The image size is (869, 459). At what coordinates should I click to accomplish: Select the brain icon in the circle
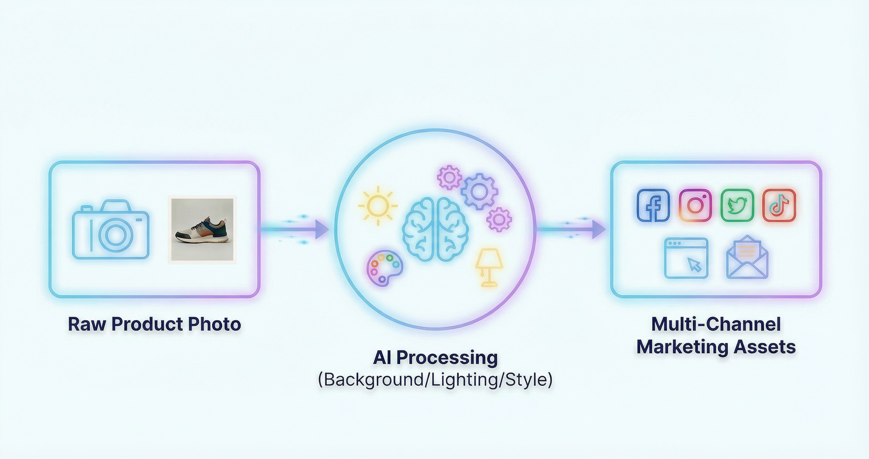click(435, 229)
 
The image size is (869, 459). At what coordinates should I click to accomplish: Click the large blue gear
click(479, 192)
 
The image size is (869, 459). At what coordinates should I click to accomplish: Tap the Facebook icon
click(653, 205)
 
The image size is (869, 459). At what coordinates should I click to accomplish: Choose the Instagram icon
click(695, 205)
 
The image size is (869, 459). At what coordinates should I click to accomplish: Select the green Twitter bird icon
click(737, 205)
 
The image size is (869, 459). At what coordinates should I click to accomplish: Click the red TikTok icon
click(779, 205)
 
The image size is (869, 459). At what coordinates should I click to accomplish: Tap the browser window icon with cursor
click(686, 258)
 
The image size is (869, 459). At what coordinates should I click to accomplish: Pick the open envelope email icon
click(747, 258)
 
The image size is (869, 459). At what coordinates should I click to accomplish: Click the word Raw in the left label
click(87, 324)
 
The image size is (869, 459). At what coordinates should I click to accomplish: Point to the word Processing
click(447, 358)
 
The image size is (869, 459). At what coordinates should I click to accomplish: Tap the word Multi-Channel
click(716, 324)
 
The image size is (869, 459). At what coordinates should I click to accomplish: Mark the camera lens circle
click(115, 235)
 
